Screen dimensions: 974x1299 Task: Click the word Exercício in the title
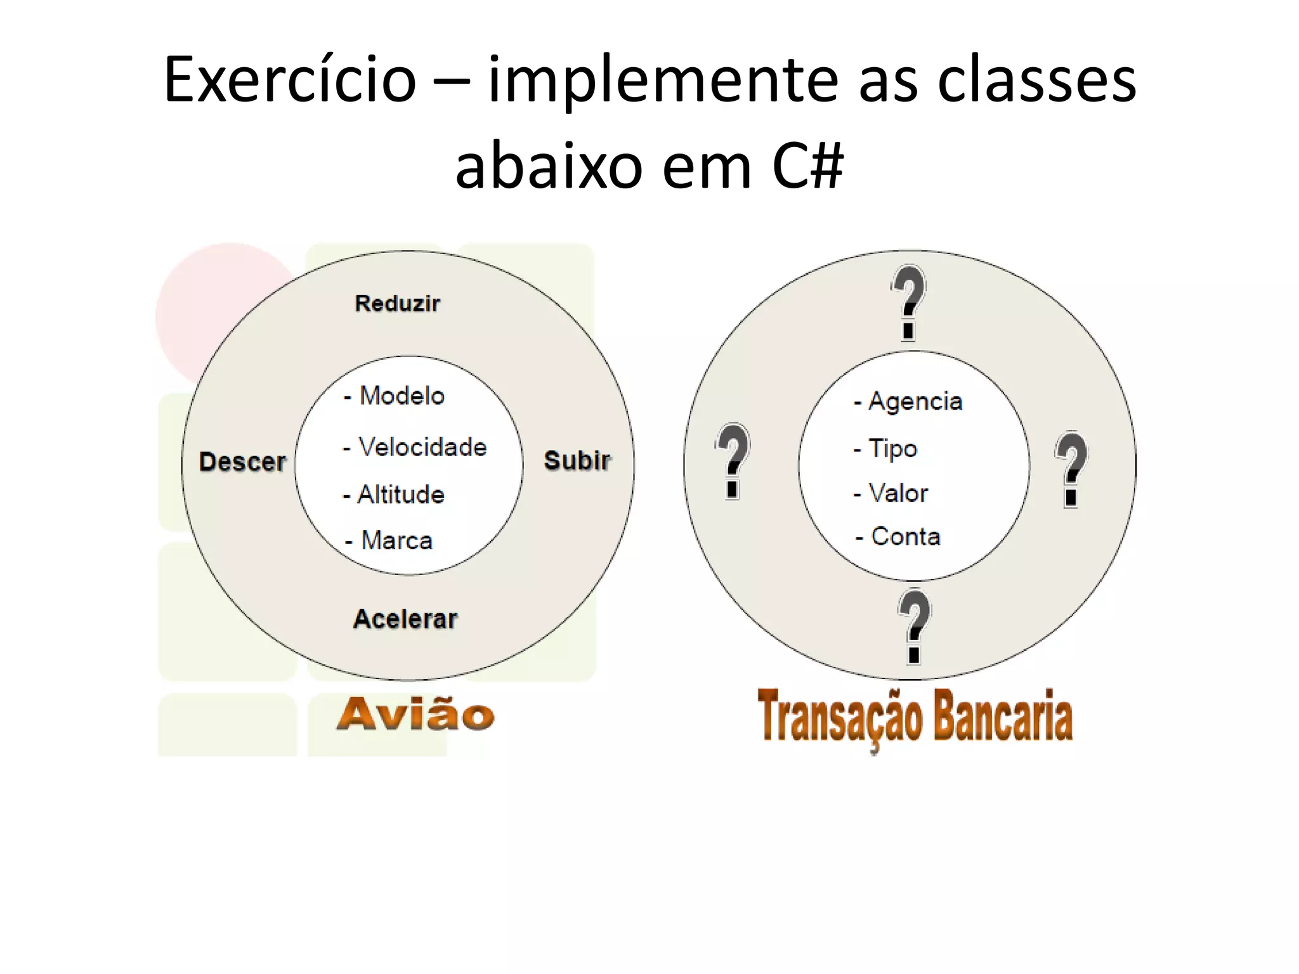pos(290,80)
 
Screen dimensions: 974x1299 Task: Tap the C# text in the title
pos(807,166)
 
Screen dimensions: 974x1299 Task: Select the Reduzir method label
pos(397,304)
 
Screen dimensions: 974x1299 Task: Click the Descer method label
pos(242,462)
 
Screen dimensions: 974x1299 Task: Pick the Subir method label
pos(577,460)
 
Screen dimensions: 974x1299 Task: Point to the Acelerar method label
pos(405,619)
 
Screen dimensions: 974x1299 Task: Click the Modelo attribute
pos(401,396)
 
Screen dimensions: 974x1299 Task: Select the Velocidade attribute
pos(422,447)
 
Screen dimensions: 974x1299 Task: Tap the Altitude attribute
pos(400,495)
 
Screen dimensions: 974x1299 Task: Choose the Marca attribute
pos(396,541)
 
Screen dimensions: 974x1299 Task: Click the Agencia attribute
pos(915,401)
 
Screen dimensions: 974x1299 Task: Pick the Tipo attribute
pos(892,448)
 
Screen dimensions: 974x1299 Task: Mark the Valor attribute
pos(898,493)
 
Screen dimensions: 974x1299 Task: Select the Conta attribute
pos(905,536)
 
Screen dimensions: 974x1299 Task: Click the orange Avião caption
pos(415,715)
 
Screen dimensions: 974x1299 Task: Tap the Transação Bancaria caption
pos(915,717)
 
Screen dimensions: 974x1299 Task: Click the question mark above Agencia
pos(909,302)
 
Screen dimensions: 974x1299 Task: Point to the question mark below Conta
pos(914,626)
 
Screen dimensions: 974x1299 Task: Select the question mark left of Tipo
pos(733,460)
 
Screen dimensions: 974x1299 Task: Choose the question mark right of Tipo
pos(1071,469)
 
